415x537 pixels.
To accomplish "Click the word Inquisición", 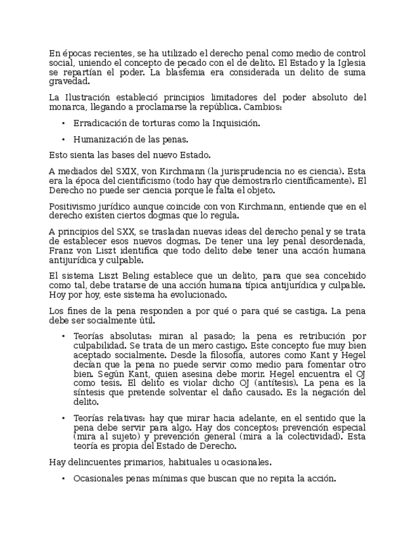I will (219, 123).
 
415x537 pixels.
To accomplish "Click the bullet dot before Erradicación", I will (64, 123).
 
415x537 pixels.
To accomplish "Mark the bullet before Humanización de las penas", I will (64, 139).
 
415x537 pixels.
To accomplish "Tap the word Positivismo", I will (72, 206).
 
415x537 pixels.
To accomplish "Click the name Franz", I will (61, 251).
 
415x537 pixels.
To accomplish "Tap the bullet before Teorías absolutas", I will (64, 336).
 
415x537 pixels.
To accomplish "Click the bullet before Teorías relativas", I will (64, 418).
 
